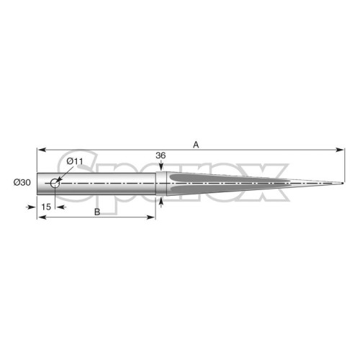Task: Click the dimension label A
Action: point(196,145)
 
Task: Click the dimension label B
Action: point(97,212)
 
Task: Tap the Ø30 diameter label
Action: point(22,183)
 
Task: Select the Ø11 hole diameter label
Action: point(75,161)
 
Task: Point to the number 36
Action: point(161,156)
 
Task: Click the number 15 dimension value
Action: point(46,207)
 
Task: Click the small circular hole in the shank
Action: point(55,184)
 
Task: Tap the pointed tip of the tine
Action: point(343,184)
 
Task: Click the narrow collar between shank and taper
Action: point(161,184)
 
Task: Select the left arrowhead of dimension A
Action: point(42,150)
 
